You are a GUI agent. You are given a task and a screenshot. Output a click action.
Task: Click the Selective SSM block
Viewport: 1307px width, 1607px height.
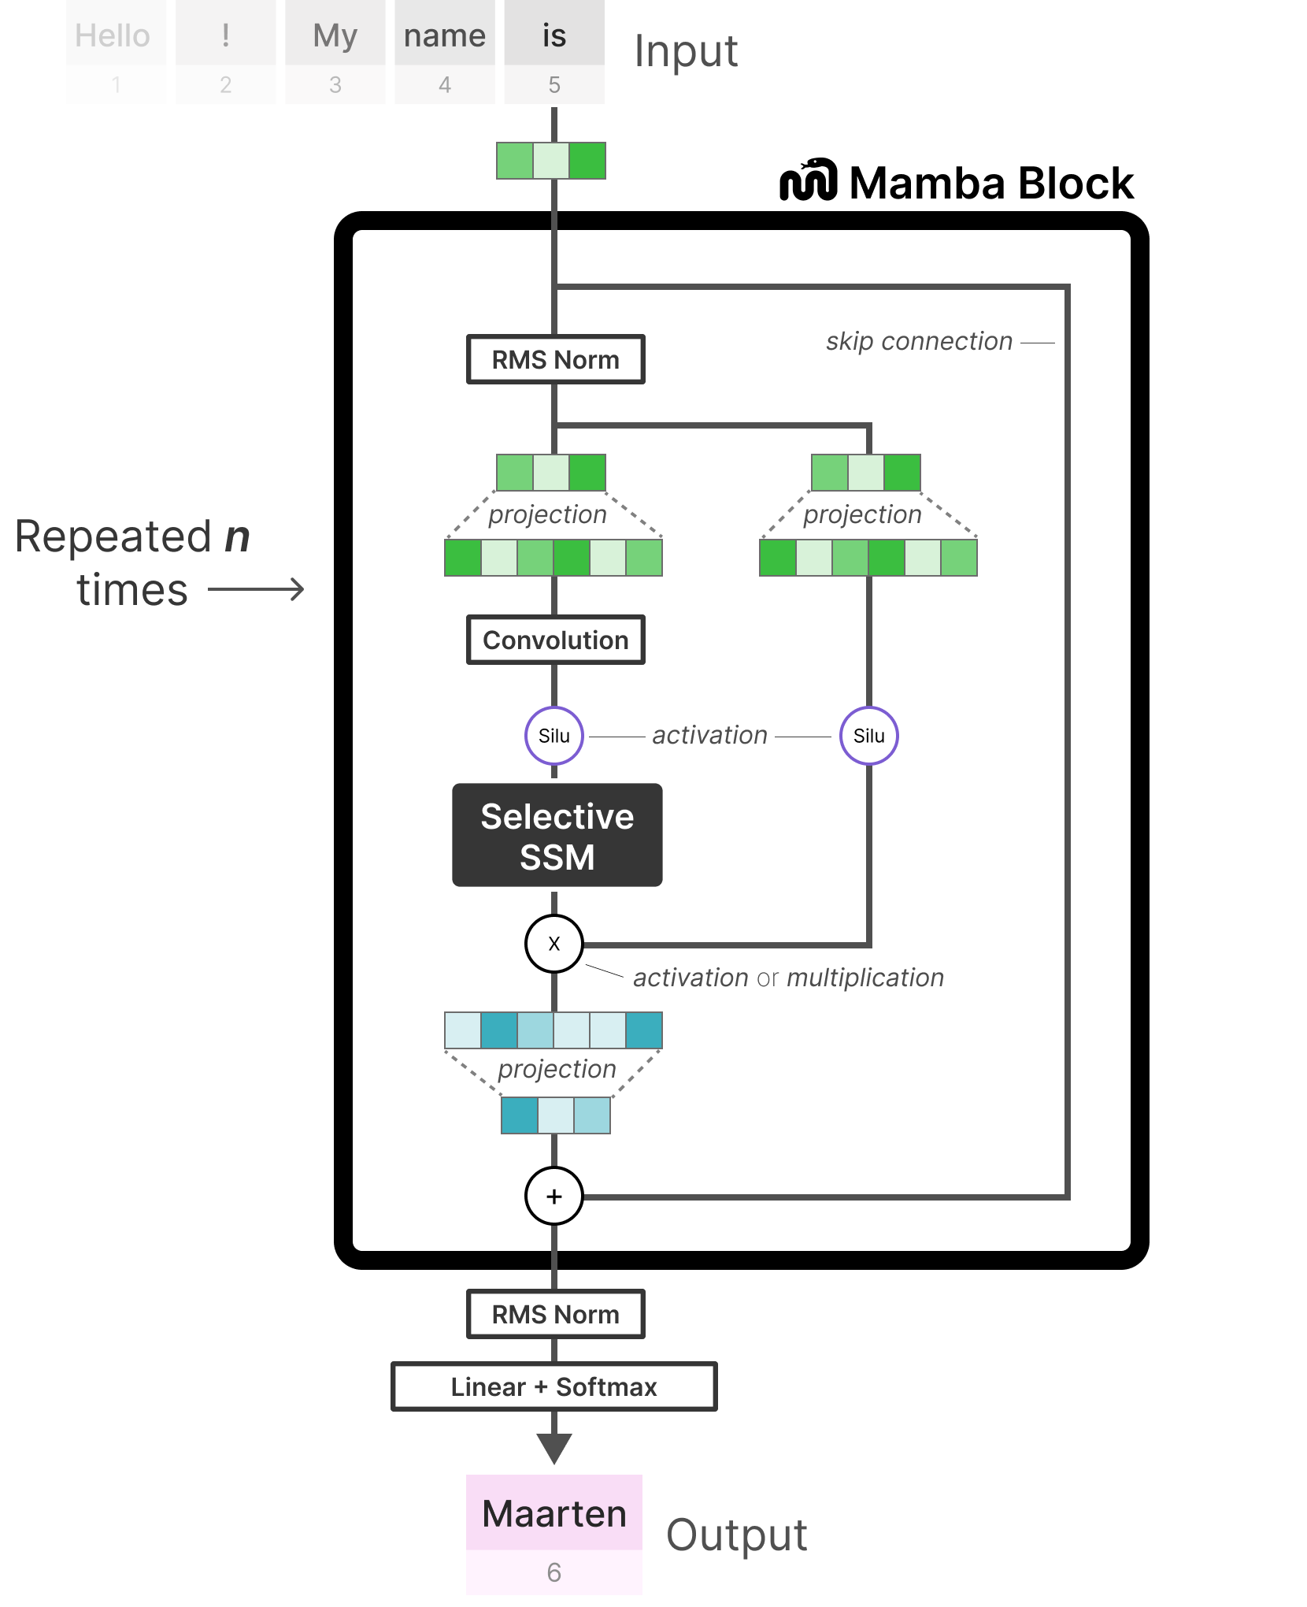pos(557,835)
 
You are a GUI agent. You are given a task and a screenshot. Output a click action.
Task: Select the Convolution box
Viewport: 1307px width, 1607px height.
pos(555,640)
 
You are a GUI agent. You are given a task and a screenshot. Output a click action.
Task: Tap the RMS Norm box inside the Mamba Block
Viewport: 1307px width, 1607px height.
pos(555,360)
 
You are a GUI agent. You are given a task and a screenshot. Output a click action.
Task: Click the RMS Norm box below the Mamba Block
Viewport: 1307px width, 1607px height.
pos(555,1314)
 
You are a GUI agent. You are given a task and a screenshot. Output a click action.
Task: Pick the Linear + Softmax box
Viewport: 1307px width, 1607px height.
pos(554,1386)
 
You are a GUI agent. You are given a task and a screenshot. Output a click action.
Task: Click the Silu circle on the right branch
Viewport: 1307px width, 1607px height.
pos(868,736)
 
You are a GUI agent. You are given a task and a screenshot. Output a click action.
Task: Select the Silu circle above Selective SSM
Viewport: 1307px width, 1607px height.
pos(554,736)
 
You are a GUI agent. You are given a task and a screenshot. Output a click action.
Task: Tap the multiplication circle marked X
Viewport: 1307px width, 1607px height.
pos(554,944)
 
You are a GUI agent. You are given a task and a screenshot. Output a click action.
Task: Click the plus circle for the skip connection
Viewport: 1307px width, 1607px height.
pos(554,1197)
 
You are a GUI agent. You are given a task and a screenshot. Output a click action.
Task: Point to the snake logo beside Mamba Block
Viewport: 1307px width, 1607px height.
pos(808,180)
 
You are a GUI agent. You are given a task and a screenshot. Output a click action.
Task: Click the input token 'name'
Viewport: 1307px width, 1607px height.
pos(444,36)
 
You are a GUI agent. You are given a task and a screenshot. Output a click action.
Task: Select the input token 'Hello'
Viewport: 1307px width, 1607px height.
pos(113,36)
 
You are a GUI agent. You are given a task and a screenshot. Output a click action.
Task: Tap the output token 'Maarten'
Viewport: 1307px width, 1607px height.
pos(554,1513)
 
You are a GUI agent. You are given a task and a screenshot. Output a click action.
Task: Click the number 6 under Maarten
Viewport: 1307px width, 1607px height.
pos(554,1573)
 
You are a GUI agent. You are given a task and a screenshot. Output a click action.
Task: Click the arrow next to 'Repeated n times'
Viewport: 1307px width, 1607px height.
pos(257,589)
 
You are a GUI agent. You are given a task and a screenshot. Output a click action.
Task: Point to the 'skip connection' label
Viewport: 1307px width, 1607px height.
pos(919,341)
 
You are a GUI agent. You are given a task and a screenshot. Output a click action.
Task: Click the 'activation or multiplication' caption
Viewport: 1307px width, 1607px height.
pos(788,978)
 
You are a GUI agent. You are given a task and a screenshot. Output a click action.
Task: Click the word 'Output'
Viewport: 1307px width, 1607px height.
pos(736,1535)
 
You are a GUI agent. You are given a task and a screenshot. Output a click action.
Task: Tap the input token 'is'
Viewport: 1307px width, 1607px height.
pos(554,36)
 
